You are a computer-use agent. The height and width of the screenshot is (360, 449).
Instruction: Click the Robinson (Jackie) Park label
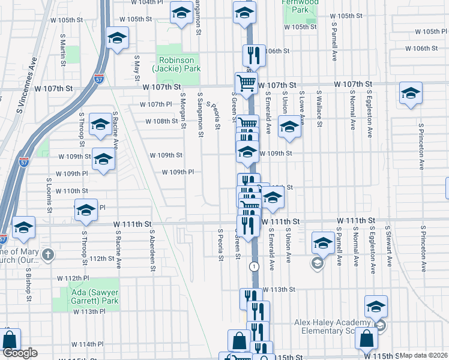tap(178, 65)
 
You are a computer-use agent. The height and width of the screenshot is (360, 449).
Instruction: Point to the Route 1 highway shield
tap(255, 265)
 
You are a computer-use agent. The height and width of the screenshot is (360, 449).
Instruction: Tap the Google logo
tap(20, 353)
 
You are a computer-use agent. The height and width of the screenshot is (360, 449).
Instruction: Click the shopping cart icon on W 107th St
tap(245, 82)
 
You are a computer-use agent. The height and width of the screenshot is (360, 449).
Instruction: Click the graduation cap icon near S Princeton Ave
tap(411, 94)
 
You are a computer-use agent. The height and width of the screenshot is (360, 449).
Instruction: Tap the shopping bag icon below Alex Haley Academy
tap(366, 337)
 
